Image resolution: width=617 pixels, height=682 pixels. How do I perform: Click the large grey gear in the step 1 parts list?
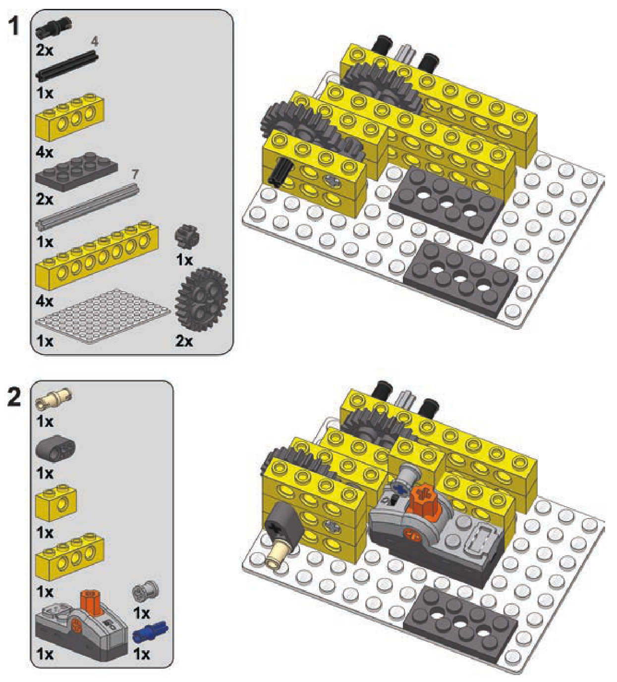tap(202, 299)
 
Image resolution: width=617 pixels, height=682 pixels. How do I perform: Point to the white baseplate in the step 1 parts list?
tap(103, 316)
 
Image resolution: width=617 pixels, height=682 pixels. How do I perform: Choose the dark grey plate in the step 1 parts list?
tap(77, 172)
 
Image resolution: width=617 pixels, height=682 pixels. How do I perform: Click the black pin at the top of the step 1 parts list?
tap(54, 30)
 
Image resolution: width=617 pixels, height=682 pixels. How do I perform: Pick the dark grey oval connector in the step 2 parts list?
tap(56, 448)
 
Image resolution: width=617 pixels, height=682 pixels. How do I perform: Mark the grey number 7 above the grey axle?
tap(135, 174)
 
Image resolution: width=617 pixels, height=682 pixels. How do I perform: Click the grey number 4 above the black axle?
tap(95, 42)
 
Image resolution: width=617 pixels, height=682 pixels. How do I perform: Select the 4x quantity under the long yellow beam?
tap(45, 301)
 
